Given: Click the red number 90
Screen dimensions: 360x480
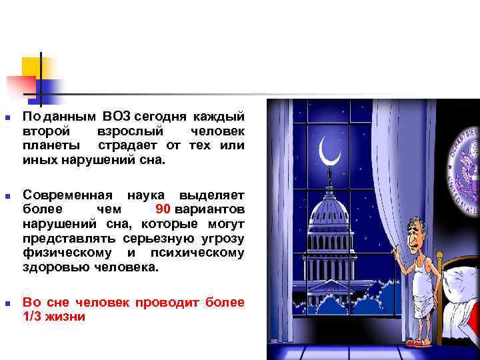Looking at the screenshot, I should click(x=163, y=210).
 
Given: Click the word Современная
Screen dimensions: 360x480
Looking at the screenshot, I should click(x=63, y=195).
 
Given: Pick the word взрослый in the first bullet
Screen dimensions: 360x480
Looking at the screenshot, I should click(x=127, y=131).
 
